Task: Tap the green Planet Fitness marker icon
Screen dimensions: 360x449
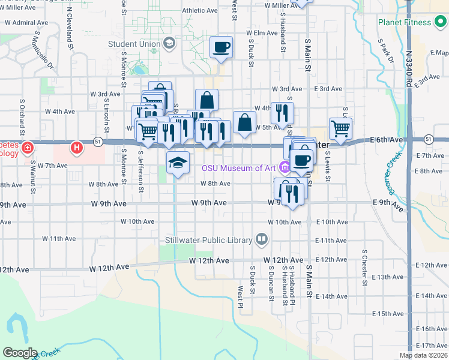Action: coord(441,23)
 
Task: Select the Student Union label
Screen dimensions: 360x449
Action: coord(134,44)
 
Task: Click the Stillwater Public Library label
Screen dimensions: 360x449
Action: coord(208,241)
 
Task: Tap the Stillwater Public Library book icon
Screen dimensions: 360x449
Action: coord(261,240)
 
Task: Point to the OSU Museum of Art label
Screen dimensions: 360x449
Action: coord(239,168)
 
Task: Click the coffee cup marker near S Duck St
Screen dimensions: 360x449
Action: coord(221,47)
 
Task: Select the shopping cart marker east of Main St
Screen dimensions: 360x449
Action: coord(340,128)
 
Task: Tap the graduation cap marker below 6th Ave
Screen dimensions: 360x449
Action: coord(178,162)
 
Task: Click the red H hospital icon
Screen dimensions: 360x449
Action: coord(76,147)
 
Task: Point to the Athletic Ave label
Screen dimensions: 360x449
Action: coord(199,11)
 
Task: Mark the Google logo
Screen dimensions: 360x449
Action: coord(20,353)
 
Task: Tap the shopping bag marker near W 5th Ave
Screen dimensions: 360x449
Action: coord(244,122)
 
